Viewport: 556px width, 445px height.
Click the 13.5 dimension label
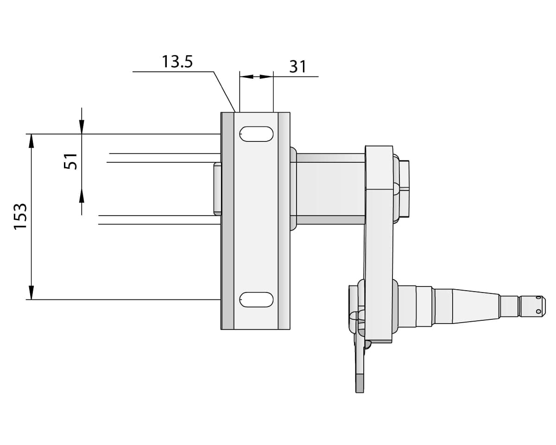click(177, 62)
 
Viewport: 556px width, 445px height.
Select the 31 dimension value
click(297, 67)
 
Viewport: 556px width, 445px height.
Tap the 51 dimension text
click(71, 161)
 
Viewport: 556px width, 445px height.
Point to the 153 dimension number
click(20, 216)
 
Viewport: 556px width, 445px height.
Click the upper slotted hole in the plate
click(256, 134)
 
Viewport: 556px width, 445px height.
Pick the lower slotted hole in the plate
click(256, 299)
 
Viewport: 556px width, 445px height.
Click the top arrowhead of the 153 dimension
click(32, 140)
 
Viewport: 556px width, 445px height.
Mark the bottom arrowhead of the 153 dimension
click(32, 293)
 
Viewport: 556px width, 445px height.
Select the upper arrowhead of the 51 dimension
click(82, 127)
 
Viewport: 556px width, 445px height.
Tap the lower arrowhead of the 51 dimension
click(82, 196)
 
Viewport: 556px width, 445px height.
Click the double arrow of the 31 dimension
click(256, 76)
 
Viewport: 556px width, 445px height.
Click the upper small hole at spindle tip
click(538, 299)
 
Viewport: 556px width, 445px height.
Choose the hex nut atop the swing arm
click(404, 189)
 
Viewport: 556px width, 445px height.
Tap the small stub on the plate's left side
click(217, 189)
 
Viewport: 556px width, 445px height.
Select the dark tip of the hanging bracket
click(360, 383)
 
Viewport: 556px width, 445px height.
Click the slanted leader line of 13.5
click(224, 91)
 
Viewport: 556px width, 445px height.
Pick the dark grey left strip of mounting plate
click(227, 221)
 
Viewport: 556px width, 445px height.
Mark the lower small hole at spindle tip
click(538, 311)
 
